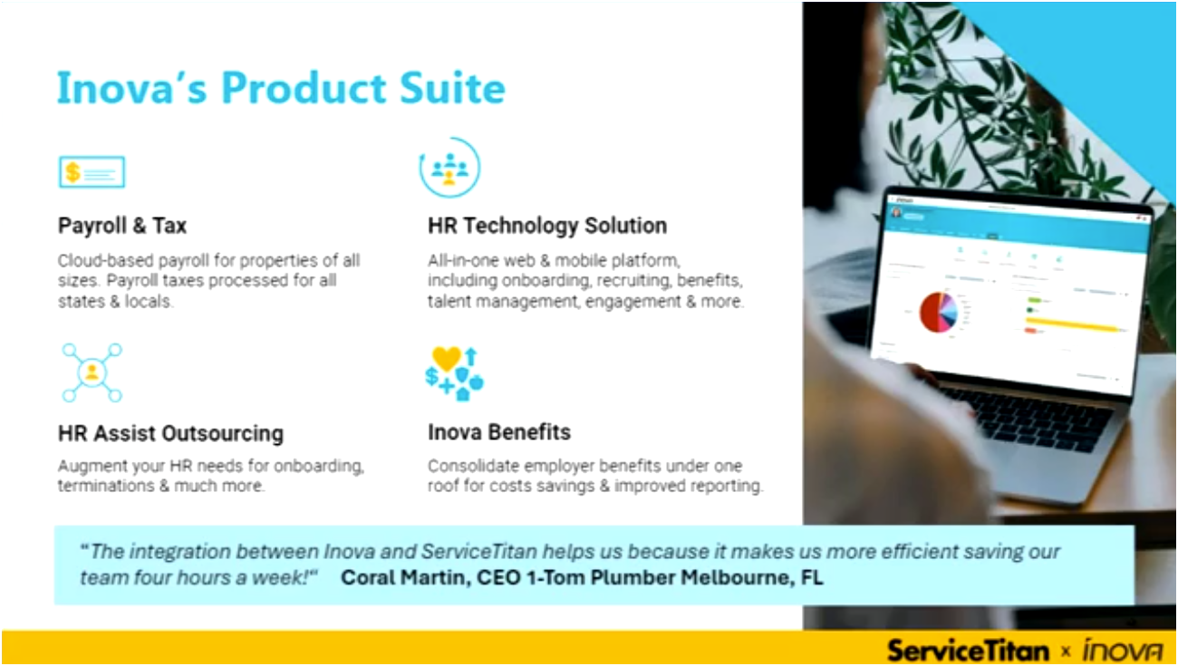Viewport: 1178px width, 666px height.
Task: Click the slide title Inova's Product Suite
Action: tap(281, 89)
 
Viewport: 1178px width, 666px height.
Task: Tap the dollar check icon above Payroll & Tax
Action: tap(92, 171)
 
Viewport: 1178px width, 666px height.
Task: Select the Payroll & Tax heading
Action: tap(122, 226)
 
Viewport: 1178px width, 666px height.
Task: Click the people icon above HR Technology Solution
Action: tap(449, 168)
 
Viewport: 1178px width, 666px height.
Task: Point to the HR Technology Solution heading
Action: tap(547, 226)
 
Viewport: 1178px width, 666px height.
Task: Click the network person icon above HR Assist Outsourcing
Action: tap(92, 372)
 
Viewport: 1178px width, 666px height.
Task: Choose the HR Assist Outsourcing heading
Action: tap(170, 433)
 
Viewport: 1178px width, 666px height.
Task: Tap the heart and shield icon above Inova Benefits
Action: tap(454, 372)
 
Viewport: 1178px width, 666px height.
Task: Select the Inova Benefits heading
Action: tap(499, 432)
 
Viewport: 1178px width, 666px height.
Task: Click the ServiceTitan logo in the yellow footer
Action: tap(968, 649)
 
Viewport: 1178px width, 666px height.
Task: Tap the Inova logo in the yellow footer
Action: tap(1124, 650)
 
